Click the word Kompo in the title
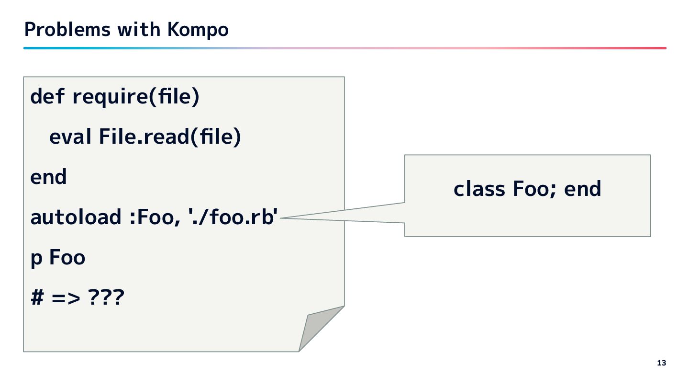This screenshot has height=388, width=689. (x=198, y=30)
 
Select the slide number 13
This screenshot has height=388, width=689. (x=661, y=363)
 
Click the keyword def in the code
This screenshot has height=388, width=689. (x=47, y=97)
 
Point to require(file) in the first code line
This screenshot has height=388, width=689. (x=135, y=97)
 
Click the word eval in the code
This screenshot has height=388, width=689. (x=70, y=137)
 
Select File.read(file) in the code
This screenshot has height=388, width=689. (x=170, y=137)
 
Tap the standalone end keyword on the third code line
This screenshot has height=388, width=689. (x=48, y=177)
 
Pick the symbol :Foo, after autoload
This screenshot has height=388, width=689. (x=153, y=217)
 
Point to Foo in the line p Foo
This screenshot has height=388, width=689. (x=67, y=258)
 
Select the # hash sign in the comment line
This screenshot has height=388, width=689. (x=37, y=298)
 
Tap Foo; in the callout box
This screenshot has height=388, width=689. (x=534, y=189)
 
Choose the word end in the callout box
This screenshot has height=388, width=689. (x=582, y=189)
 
